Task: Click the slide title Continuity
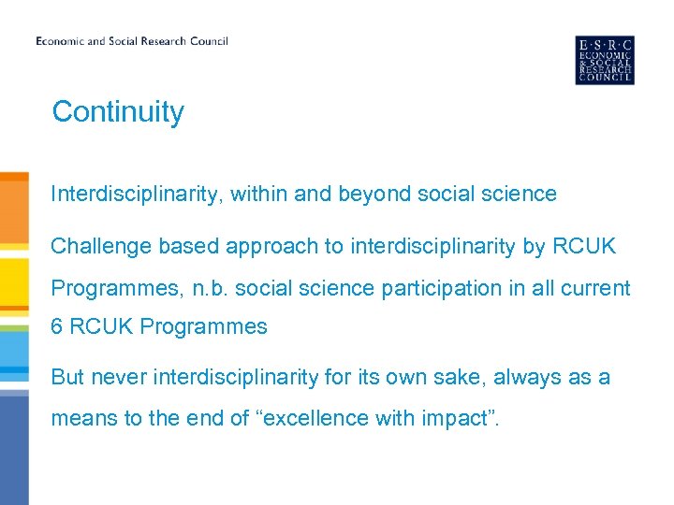(x=118, y=111)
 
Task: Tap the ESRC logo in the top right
(x=604, y=60)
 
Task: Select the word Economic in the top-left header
(x=60, y=41)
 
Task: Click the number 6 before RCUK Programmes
(x=56, y=327)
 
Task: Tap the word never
(x=120, y=377)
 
